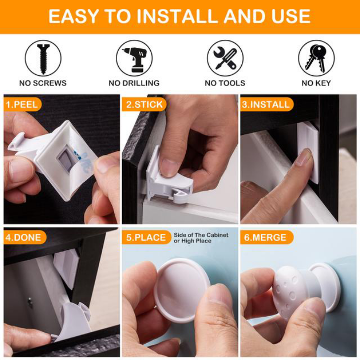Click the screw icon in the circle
click(43, 59)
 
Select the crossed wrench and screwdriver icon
click(225, 59)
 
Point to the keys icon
click(316, 58)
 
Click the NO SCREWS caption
click(43, 83)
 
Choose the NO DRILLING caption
click(134, 83)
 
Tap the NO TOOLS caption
click(225, 83)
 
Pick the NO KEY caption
click(316, 83)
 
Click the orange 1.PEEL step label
click(22, 104)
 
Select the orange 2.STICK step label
click(144, 104)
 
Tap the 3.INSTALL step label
click(267, 104)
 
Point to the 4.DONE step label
click(25, 237)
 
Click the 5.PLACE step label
click(146, 237)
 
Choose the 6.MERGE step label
click(267, 237)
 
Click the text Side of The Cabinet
click(201, 235)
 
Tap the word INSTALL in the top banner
click(179, 16)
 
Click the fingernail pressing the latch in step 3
click(304, 157)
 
